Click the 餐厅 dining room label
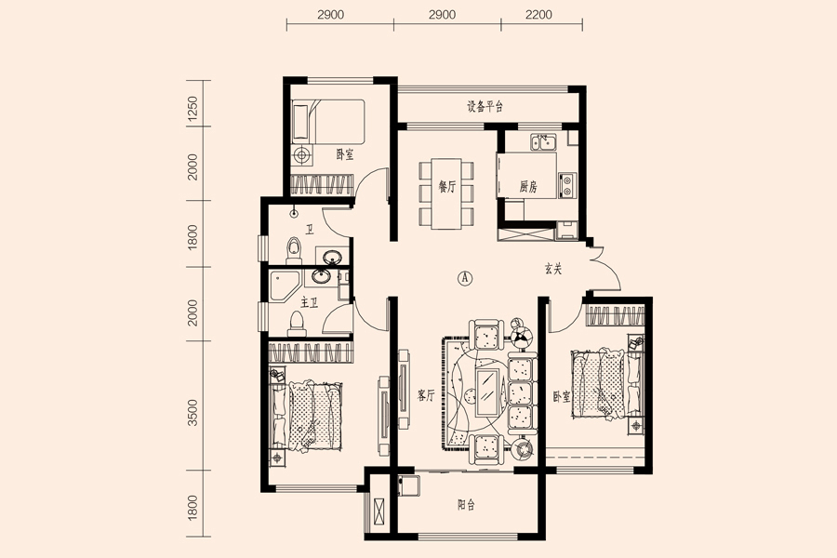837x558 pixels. [446, 186]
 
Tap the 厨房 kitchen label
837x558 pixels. [528, 186]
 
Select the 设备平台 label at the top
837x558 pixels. [485, 107]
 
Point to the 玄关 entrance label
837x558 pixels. [553, 269]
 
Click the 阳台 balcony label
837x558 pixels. [466, 505]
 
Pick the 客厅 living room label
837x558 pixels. [425, 395]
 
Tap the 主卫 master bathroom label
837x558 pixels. [309, 303]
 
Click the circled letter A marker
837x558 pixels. [466, 278]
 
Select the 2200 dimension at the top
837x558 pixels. [538, 15]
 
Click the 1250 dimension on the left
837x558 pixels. [193, 110]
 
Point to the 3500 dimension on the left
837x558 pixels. [193, 412]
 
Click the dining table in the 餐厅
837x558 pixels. [446, 193]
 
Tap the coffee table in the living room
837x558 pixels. [488, 392]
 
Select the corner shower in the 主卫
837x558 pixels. [284, 286]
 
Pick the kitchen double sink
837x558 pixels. [543, 142]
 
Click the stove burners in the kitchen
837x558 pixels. [567, 185]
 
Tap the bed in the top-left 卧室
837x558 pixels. [327, 121]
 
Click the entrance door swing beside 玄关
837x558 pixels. [604, 270]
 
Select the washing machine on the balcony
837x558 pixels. [408, 485]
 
